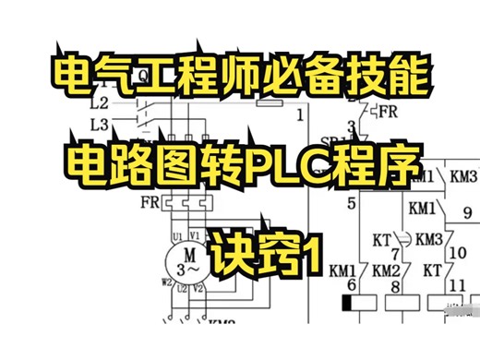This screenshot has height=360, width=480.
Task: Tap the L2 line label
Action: coord(100,102)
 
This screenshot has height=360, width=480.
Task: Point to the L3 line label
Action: coord(100,123)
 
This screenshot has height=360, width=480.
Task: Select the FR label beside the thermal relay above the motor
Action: coord(148,200)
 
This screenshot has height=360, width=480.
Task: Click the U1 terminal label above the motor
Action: coord(177,236)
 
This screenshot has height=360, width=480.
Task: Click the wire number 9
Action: coord(467,211)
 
